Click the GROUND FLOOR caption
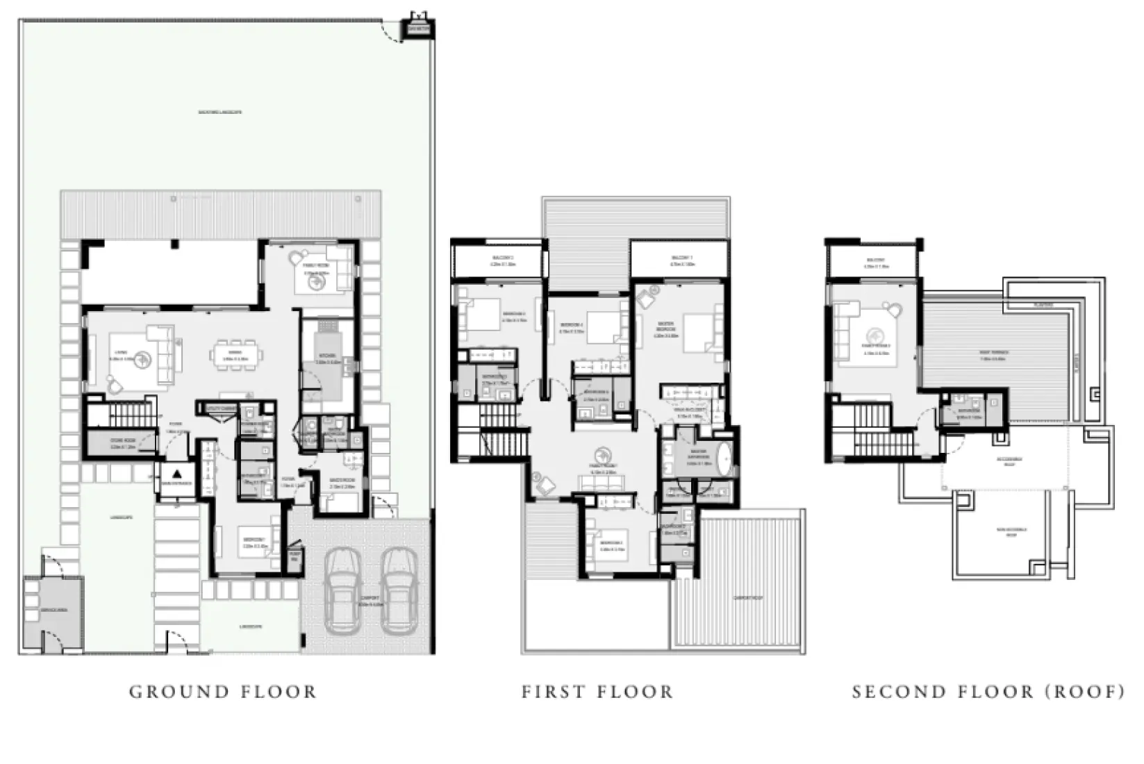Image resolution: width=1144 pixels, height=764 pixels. pyautogui.click(x=223, y=692)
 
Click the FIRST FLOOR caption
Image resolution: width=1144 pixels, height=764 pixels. pyautogui.click(x=597, y=692)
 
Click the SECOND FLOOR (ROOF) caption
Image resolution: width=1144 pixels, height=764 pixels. pyautogui.click(x=988, y=692)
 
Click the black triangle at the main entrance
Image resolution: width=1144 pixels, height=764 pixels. pyautogui.click(x=177, y=474)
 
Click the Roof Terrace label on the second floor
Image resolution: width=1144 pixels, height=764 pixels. pyautogui.click(x=993, y=356)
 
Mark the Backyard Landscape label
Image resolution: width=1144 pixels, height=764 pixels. pyautogui.click(x=220, y=112)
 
